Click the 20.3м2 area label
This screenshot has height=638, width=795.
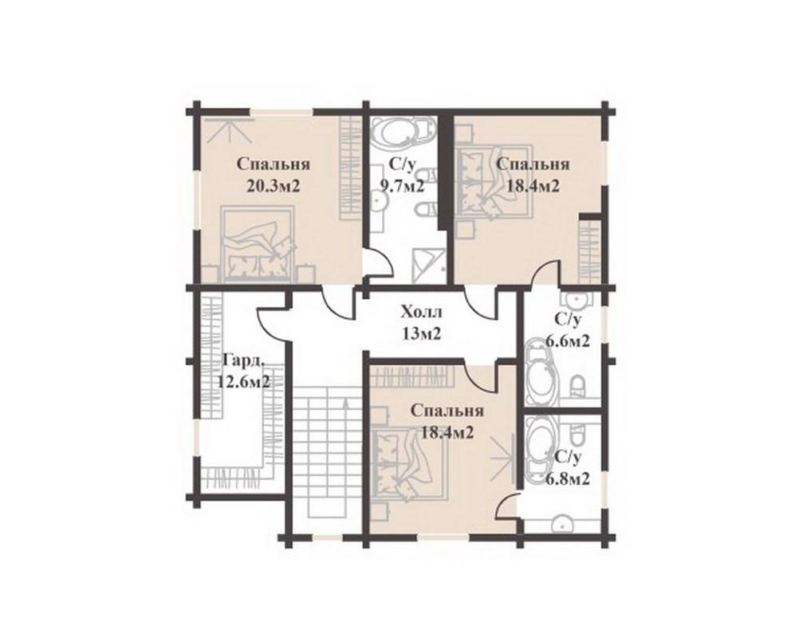click(274, 187)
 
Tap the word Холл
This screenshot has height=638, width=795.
click(421, 311)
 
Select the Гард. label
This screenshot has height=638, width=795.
click(244, 360)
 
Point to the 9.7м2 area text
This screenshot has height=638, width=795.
click(403, 187)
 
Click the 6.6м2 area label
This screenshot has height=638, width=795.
click(568, 341)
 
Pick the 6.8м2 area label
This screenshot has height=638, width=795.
click(568, 478)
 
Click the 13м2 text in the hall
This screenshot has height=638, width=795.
click(421, 333)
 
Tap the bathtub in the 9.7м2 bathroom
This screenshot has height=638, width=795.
click(403, 133)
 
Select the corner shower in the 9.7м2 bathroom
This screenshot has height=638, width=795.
click(429, 266)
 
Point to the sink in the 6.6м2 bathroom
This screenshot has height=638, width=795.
click(576, 300)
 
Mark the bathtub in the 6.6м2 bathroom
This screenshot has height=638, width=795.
click(541, 373)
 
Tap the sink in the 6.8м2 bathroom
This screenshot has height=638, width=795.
click(562, 523)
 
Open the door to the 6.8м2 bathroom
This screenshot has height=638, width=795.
click(507, 505)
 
